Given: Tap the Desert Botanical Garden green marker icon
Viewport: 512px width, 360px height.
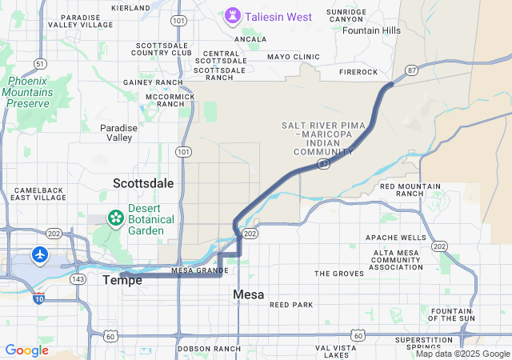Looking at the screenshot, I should coord(116,216).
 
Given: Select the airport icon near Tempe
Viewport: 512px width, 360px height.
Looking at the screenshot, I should coord(39,254).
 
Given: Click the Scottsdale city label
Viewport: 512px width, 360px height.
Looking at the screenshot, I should coord(143,183).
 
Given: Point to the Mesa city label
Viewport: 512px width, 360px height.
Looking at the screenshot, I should coord(249,294).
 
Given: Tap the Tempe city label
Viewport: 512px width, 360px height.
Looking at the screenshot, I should coord(122,280).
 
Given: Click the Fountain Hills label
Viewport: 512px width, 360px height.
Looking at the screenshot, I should coord(371,30).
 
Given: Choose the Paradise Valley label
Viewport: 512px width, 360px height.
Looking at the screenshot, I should coord(119,133).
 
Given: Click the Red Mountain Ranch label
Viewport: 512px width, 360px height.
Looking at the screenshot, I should coord(410,190).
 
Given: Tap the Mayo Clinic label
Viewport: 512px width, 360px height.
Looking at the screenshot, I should coord(294,57).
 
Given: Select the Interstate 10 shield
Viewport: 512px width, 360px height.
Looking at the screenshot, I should coord(39,299).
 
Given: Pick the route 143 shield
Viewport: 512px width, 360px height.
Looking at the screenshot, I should coord(78,278).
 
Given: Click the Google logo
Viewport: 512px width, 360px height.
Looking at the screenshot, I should coord(26,350).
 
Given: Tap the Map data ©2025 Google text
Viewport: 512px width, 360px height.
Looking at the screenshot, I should coord(462,354).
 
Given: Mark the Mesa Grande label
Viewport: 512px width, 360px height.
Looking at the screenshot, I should coord(200,270).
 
